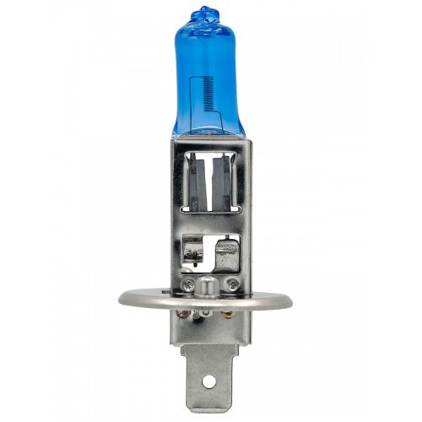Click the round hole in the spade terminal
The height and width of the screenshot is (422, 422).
pyautogui.click(x=209, y=382)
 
